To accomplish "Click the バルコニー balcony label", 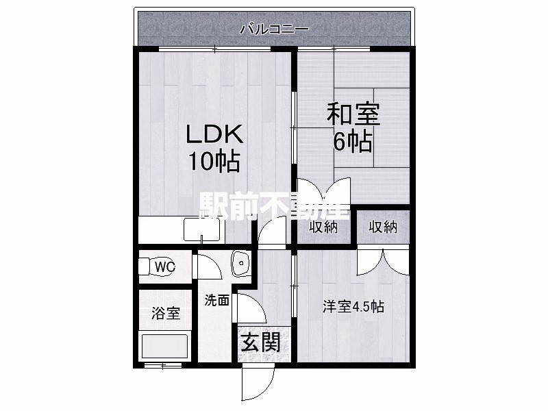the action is (274, 29).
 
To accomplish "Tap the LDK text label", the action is (214, 134).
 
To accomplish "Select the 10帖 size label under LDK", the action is (214, 161).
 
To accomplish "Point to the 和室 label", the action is (353, 114).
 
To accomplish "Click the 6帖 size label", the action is (352, 142).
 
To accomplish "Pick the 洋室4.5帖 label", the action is (353, 307).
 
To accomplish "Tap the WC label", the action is (165, 267).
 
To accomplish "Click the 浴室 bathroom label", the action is (165, 313).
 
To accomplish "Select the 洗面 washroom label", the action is (217, 300).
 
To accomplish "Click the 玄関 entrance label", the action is (262, 342).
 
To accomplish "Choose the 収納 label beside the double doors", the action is (323, 227).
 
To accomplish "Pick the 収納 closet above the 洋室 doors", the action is (383, 227).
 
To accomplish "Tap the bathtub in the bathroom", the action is (165, 347).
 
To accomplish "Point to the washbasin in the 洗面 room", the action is (240, 263).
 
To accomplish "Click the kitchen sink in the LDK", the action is (202, 229).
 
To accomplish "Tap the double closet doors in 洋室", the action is (383, 262).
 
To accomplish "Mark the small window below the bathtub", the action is (163, 366).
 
